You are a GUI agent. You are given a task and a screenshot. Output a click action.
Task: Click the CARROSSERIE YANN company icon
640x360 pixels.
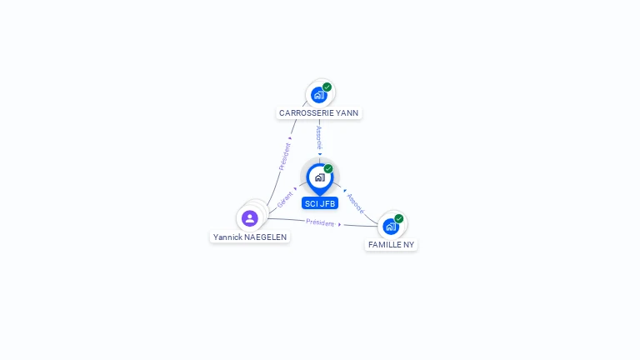click(318, 95)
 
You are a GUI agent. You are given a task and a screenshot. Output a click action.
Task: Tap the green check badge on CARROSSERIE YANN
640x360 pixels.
click(327, 87)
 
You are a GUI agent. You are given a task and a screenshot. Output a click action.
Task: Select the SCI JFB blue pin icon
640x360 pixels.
click(319, 177)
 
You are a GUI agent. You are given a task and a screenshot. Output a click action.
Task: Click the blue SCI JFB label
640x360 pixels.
click(320, 203)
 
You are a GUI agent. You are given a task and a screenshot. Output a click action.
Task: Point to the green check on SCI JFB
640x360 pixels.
click(328, 169)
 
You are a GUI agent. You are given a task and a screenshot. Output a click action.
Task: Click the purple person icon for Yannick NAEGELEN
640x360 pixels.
click(249, 218)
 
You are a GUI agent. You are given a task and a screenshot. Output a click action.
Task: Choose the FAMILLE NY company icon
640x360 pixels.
click(390, 226)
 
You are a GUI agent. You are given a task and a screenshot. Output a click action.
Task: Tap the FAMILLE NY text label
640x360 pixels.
click(391, 245)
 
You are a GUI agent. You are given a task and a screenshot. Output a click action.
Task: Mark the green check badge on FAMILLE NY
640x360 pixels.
click(399, 218)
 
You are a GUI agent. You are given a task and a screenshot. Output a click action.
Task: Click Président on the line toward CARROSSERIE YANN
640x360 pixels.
click(285, 156)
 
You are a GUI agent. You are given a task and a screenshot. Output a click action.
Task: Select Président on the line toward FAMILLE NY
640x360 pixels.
click(320, 222)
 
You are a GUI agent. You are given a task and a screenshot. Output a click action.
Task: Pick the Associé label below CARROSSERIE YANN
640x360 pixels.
click(319, 138)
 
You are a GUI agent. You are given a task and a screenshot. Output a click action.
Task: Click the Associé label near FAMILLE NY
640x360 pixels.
click(355, 203)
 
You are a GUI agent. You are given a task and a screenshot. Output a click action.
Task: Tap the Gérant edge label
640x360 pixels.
click(285, 200)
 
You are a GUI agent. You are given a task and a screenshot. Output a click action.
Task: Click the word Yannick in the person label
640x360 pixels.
click(227, 237)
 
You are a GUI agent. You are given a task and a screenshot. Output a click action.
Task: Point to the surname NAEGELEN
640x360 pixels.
click(266, 237)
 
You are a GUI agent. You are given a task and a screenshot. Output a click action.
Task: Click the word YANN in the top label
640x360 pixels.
click(349, 112)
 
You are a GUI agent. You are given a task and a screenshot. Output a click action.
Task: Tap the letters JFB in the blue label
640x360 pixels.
click(327, 203)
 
